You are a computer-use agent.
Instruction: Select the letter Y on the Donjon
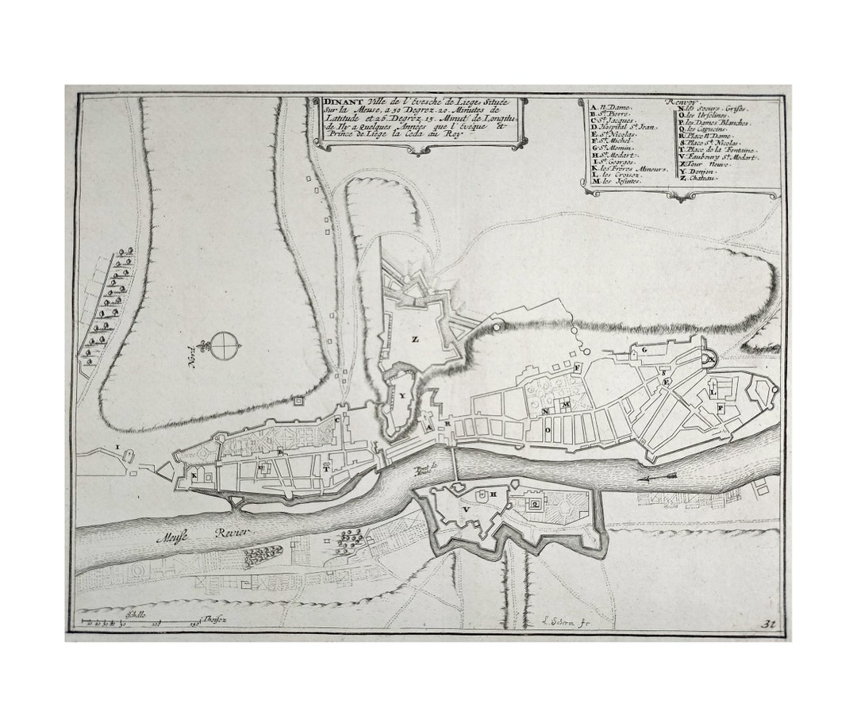(402, 394)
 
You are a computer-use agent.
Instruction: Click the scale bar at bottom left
(143, 620)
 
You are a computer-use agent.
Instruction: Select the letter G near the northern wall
(644, 349)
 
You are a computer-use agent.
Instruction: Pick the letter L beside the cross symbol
(714, 392)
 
